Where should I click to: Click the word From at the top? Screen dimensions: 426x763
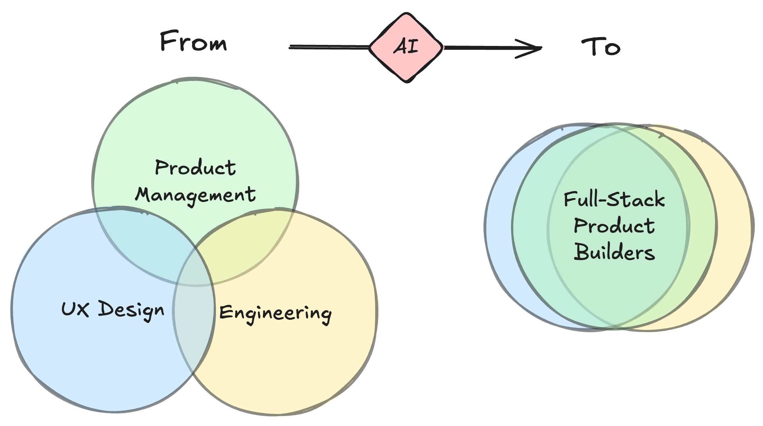click(x=193, y=41)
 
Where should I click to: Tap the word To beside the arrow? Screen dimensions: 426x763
click(x=601, y=47)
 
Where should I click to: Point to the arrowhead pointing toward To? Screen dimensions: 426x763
click(x=532, y=48)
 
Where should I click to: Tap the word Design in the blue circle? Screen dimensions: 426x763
click(x=131, y=310)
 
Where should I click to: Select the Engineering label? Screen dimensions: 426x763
click(x=275, y=313)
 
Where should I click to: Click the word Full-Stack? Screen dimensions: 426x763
click(x=614, y=200)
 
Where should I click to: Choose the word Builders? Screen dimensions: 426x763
click(x=614, y=252)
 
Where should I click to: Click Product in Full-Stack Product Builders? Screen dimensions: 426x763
click(x=614, y=225)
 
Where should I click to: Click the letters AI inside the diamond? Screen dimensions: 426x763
click(x=406, y=47)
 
